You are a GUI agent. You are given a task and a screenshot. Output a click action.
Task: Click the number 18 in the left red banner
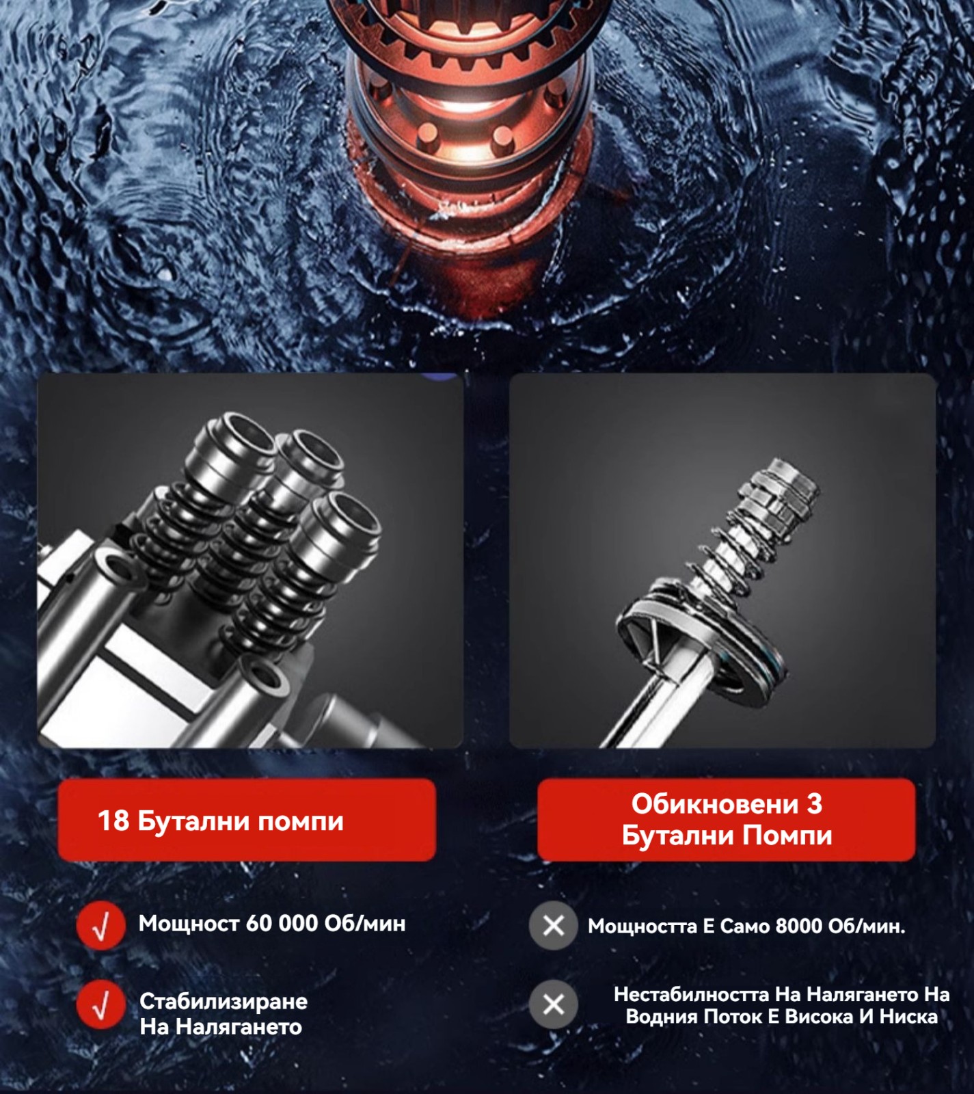pyautogui.click(x=113, y=820)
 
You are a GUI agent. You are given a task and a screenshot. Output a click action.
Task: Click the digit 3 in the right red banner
pyautogui.click(x=814, y=804)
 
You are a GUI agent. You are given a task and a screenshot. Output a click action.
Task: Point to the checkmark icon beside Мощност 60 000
pyautogui.click(x=100, y=926)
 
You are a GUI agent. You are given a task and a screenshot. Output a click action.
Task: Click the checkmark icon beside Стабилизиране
pyautogui.click(x=100, y=1004)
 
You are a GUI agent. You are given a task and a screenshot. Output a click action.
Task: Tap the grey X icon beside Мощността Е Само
pyautogui.click(x=553, y=926)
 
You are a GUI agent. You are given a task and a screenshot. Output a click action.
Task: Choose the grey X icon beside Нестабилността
pyautogui.click(x=553, y=1004)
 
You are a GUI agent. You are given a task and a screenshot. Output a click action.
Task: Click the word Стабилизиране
pyautogui.click(x=224, y=1002)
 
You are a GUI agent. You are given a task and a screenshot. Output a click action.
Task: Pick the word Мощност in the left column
pyautogui.click(x=189, y=923)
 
